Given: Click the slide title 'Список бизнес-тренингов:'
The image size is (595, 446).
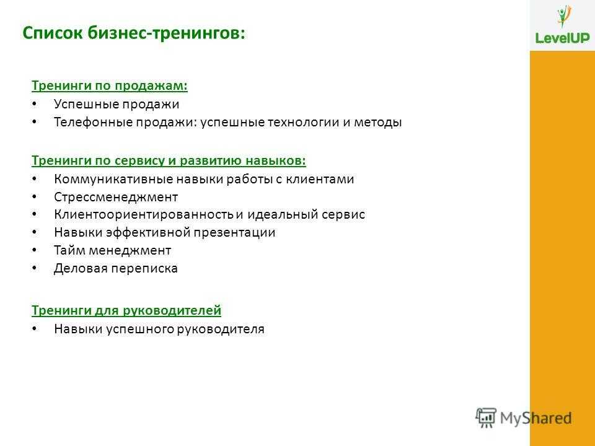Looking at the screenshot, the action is click(134, 33).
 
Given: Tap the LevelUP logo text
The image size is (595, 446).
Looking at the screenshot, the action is click(562, 38).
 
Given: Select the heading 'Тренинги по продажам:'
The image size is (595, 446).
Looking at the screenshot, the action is click(109, 85).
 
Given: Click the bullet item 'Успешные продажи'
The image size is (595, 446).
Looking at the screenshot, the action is click(117, 104).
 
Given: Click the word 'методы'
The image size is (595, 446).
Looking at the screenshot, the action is click(377, 123).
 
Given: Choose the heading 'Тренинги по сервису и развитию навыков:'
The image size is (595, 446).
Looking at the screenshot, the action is click(169, 161).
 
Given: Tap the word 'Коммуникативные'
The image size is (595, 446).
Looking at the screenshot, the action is click(113, 179).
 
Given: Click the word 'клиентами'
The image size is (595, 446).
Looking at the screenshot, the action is click(320, 179).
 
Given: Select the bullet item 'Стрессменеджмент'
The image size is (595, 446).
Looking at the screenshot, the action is click(116, 197).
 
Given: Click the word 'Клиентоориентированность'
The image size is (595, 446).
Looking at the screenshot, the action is click(143, 214).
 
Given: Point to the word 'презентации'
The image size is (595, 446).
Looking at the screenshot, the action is click(234, 232).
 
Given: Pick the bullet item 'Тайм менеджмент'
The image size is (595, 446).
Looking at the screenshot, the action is click(112, 250).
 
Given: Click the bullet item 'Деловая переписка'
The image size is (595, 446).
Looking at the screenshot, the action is click(116, 268).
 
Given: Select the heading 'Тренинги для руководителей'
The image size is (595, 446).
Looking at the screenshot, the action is click(126, 310).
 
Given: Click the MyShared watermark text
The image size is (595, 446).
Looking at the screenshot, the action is click(535, 418).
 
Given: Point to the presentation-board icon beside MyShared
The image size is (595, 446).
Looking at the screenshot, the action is click(486, 418).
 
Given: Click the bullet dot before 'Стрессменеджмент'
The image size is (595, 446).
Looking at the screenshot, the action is click(35, 197).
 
